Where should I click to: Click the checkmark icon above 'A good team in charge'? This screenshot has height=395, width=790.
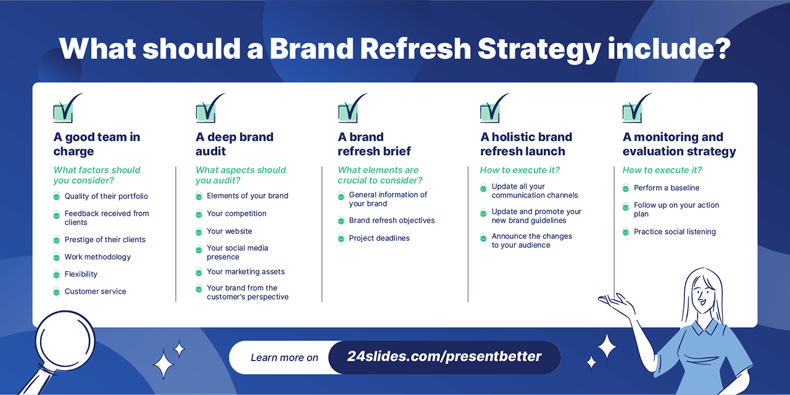(67, 108)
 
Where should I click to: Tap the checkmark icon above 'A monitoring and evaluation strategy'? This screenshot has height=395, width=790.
(636, 108)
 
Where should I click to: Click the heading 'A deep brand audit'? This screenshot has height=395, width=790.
(235, 144)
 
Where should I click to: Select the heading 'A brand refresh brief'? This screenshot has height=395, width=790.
(374, 144)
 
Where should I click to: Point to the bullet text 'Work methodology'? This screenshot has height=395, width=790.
(98, 257)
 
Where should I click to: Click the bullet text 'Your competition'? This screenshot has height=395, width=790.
(236, 213)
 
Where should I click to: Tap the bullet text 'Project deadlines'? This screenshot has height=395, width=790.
(379, 238)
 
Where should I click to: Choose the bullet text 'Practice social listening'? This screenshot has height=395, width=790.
(675, 232)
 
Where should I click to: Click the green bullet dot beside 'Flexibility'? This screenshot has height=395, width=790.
(56, 274)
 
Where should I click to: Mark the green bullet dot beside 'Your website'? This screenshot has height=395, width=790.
(199, 231)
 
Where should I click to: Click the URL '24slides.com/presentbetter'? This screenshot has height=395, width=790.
(444, 357)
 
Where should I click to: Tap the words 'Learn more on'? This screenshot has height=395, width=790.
(285, 357)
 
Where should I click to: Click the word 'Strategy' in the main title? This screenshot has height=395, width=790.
(539, 50)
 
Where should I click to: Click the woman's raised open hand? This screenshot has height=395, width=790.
(615, 302)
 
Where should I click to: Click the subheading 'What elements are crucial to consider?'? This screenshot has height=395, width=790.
(380, 176)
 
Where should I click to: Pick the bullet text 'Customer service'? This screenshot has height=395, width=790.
(95, 291)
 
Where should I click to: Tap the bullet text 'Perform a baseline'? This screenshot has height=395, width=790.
(667, 188)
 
